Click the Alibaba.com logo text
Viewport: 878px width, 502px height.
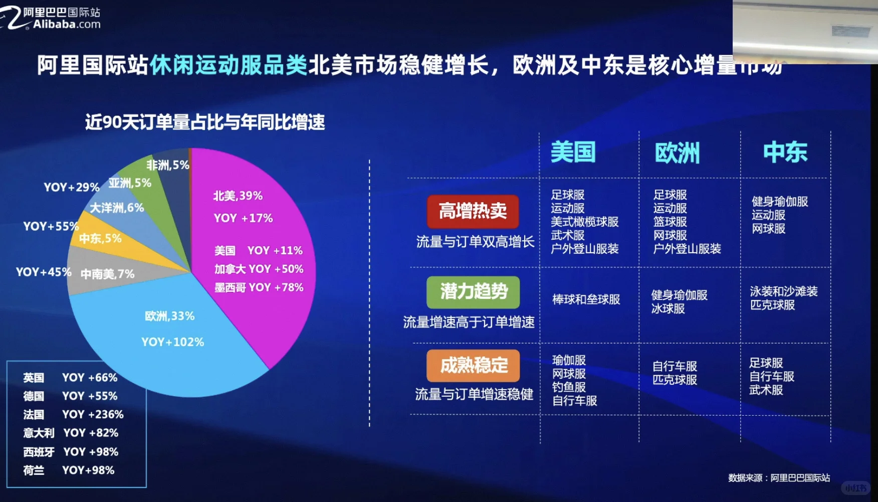67,24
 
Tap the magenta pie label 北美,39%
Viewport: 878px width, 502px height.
238,196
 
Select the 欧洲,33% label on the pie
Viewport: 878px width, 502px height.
169,316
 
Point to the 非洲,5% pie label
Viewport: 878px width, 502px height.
167,165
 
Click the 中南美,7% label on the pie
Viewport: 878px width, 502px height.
107,274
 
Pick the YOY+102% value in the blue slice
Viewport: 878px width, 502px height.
172,342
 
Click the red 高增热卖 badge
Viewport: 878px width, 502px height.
473,211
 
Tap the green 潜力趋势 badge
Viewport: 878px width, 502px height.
473,291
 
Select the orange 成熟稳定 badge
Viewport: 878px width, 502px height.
473,365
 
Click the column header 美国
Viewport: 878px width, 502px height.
573,152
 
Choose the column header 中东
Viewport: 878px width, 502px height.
785,152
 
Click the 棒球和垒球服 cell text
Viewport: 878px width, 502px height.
586,299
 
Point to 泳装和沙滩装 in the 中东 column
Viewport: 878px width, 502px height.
783,291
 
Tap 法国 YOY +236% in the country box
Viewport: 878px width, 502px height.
73,415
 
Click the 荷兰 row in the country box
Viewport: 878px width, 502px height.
69,470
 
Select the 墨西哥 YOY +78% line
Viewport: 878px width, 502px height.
259,287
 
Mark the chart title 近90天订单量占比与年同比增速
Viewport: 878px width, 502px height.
204,122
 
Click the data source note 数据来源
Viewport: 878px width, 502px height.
779,478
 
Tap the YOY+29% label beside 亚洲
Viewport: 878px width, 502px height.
72,187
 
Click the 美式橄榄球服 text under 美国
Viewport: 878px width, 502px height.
584,222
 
